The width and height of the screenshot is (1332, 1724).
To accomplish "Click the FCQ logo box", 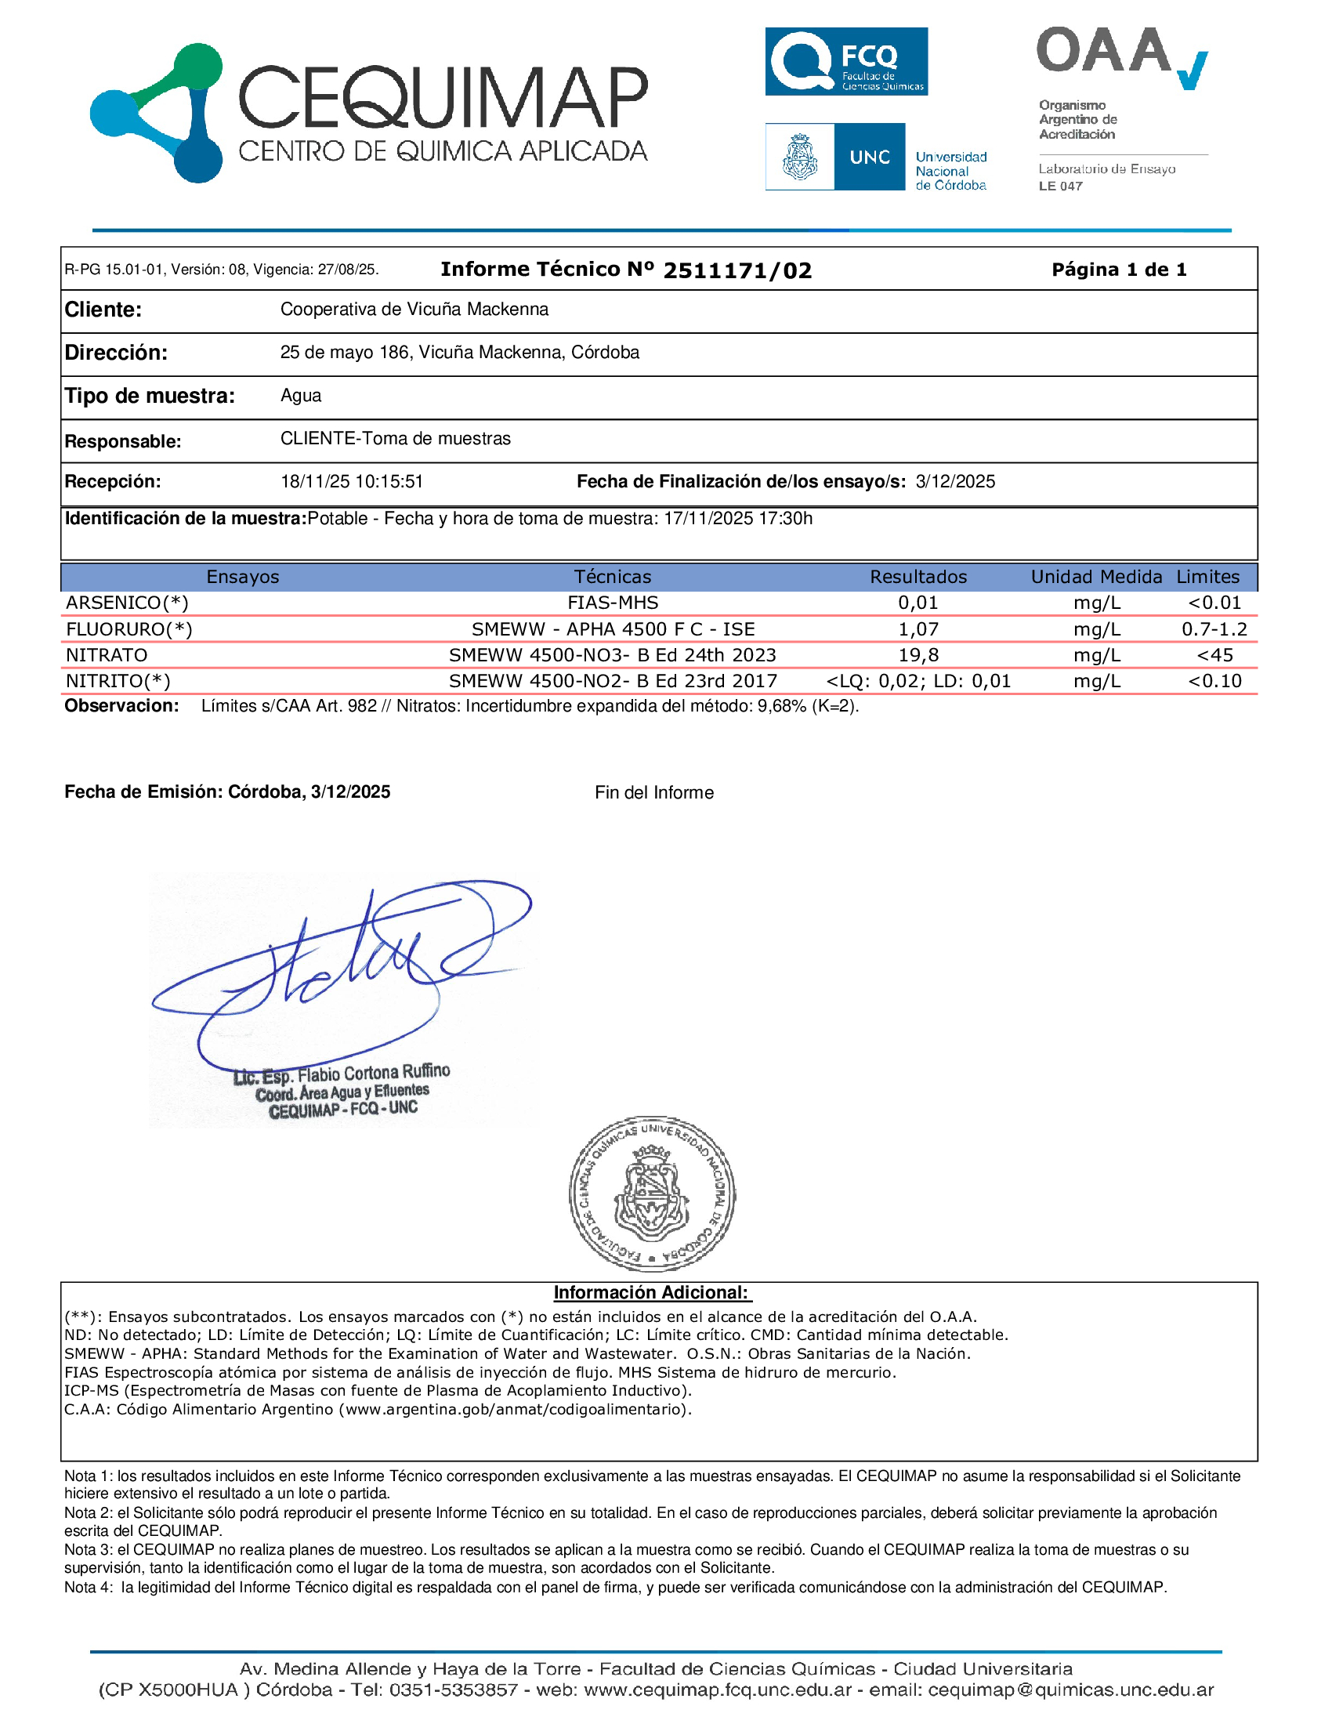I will (846, 62).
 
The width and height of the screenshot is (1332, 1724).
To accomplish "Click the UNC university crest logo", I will (799, 156).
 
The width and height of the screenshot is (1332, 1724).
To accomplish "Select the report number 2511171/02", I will (737, 270).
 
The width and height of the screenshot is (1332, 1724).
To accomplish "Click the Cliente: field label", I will (103, 310).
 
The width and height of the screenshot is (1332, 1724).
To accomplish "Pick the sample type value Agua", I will (301, 396).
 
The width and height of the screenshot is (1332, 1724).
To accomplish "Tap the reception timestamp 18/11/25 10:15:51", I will (352, 481).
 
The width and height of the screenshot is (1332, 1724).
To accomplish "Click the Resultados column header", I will (918, 577).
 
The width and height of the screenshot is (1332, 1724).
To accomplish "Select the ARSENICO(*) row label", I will (127, 603).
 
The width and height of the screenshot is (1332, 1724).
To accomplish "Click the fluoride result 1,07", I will (918, 629).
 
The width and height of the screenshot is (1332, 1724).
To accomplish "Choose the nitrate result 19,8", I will (918, 655).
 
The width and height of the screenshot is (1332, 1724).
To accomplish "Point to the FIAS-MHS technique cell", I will (613, 603).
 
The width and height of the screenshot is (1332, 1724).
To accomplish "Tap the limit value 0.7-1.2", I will (1214, 629).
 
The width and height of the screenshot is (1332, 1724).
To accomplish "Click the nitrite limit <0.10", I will (1214, 681).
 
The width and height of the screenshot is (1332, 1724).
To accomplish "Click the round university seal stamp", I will (652, 1193).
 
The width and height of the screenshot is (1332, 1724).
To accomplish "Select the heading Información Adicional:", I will (652, 1292).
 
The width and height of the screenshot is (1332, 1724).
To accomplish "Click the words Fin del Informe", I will (653, 792).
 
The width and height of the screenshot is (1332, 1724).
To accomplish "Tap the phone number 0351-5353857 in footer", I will (454, 1690).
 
